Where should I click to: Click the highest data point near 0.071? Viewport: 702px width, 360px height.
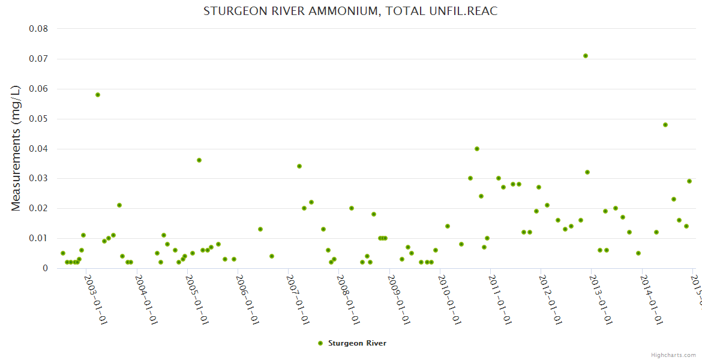586,56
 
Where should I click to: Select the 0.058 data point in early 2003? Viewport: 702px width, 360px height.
98,95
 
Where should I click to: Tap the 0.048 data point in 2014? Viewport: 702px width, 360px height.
665,125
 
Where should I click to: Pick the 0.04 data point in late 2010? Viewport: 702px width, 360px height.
477,149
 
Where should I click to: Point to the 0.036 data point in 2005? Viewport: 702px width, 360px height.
199,160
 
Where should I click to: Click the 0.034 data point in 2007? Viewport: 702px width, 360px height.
299,166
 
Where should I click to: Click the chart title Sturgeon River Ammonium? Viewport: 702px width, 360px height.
350,11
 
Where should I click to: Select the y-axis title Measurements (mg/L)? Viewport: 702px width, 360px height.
16,148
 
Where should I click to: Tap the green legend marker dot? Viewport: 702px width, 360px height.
320,343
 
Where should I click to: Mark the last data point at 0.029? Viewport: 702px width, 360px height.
689,181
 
